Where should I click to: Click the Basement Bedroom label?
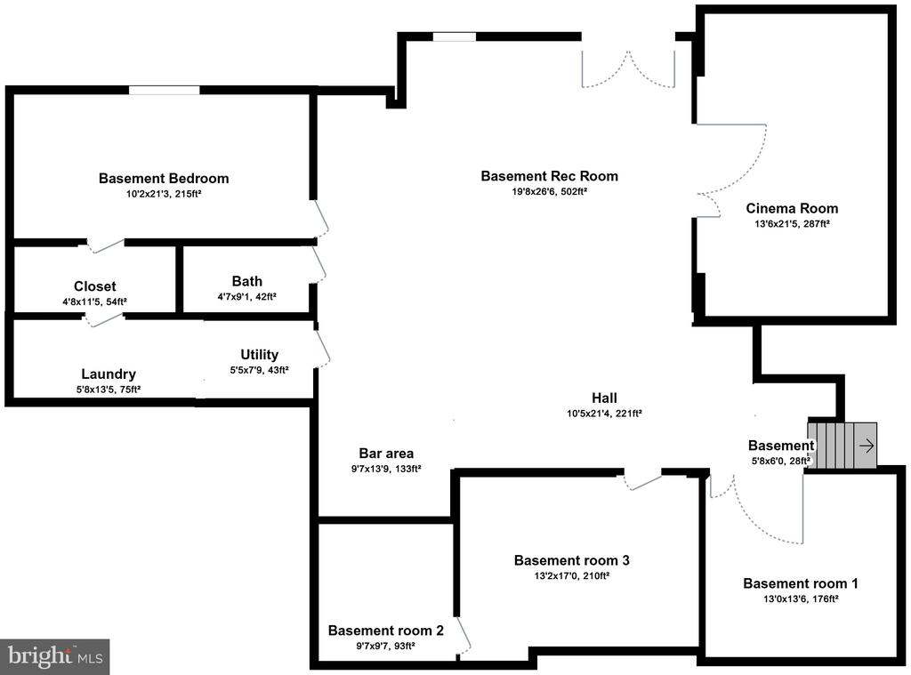click(x=164, y=178)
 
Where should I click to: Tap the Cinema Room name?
click(x=792, y=209)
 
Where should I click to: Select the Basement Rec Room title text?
click(x=549, y=176)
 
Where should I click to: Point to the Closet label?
click(x=95, y=286)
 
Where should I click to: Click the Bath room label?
click(x=247, y=281)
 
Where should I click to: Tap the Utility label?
click(x=259, y=355)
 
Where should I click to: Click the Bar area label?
click(x=386, y=453)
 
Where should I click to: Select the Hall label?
click(x=604, y=398)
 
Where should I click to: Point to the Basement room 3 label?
click(x=572, y=560)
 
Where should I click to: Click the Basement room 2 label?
click(x=385, y=631)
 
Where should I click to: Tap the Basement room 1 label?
click(x=801, y=583)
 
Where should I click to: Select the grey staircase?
click(x=842, y=445)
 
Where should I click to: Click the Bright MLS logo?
click(x=55, y=656)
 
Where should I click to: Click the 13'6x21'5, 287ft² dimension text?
click(x=792, y=224)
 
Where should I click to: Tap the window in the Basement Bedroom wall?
click(x=164, y=90)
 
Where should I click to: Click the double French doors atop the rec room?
click(x=628, y=67)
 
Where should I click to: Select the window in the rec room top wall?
click(x=454, y=36)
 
